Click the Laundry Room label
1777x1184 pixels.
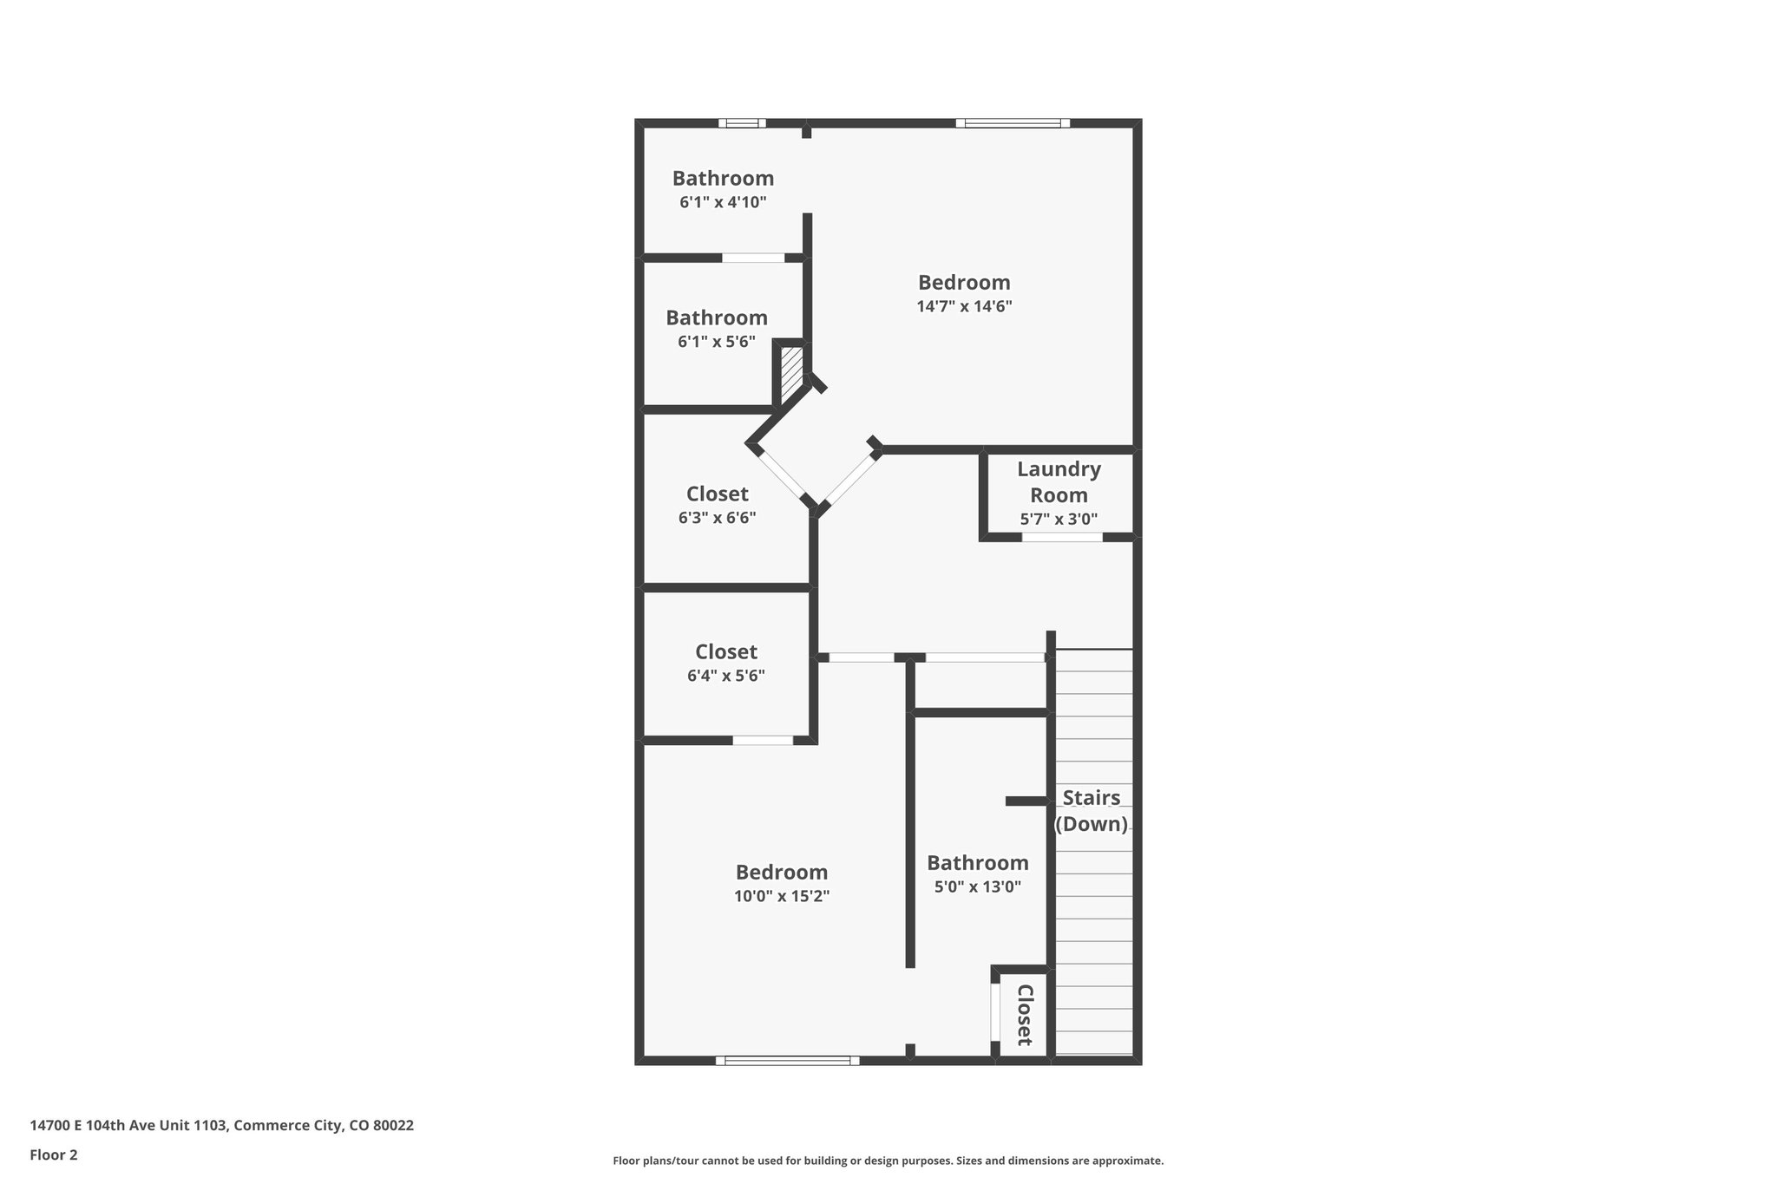click(x=1059, y=482)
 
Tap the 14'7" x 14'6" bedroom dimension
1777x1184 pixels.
click(x=964, y=306)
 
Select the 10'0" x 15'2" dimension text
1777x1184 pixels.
click(x=782, y=896)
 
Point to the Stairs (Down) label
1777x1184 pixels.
click(x=1091, y=810)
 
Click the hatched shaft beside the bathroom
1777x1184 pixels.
click(x=791, y=373)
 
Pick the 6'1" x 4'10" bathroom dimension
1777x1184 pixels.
click(x=723, y=202)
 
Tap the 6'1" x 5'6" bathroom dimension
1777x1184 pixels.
click(x=716, y=342)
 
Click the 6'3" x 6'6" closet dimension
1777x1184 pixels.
click(x=717, y=518)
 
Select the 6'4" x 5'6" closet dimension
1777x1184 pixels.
click(x=725, y=676)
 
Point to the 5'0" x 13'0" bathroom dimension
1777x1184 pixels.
click(x=977, y=886)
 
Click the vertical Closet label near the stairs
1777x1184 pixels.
click(x=1024, y=1014)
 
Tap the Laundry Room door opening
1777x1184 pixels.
click(x=1062, y=537)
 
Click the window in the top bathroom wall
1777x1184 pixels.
click(x=742, y=123)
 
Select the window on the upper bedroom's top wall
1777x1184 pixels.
click(x=1013, y=123)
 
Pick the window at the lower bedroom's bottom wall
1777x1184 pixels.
click(x=787, y=1060)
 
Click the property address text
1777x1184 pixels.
click(x=222, y=1126)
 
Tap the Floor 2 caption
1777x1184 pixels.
click(x=54, y=1155)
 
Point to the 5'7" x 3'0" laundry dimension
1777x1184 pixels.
click(x=1059, y=520)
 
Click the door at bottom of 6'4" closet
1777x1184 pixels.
click(x=763, y=740)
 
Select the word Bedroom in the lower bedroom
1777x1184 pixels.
click(x=782, y=872)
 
